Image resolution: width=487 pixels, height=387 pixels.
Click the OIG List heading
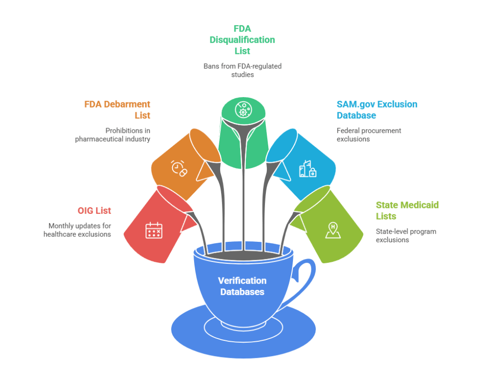pos(94,211)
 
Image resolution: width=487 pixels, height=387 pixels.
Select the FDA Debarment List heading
pos(117,109)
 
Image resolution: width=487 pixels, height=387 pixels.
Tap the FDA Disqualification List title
pos(242,40)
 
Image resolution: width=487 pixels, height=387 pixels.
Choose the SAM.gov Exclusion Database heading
pos(377,109)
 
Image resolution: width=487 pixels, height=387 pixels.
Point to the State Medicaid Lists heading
pos(407,210)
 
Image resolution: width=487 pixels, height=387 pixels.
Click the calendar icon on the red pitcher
pos(153,230)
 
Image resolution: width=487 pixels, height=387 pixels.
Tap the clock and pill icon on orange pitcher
pos(179,168)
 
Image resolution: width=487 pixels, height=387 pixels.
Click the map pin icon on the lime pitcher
pos(332,229)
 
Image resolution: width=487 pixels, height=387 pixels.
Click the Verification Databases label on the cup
pos(242,286)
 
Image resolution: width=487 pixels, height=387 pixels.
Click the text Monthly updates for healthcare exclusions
pos(79,230)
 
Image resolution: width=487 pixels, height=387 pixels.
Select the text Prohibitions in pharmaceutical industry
pos(113,135)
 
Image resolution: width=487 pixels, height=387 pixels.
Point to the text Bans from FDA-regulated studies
pos(243,70)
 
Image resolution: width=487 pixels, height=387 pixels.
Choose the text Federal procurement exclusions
pos(369,135)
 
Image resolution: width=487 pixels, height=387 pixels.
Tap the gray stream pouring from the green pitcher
pos(243,200)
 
